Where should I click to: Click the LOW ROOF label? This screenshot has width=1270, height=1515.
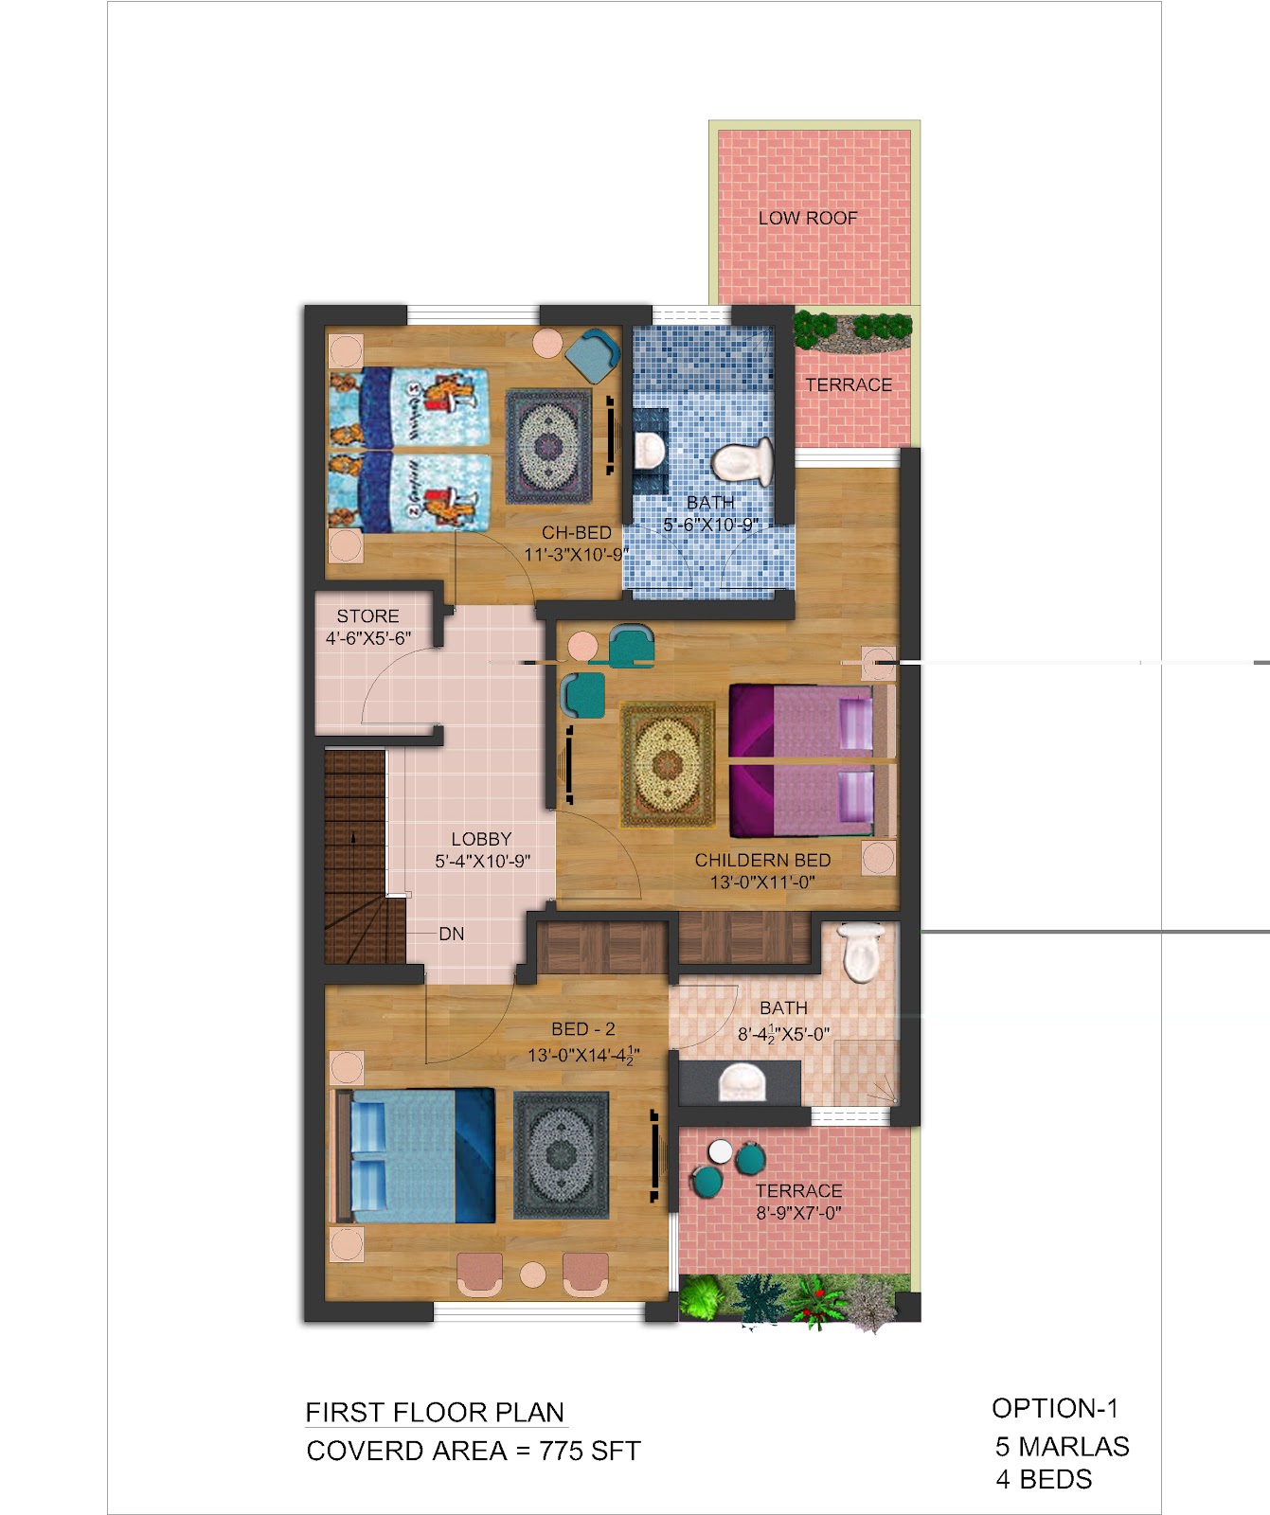[x=808, y=218]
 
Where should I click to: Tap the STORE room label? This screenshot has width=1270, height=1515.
[x=367, y=615]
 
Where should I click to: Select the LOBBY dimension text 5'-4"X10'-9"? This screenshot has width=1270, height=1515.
[x=482, y=861]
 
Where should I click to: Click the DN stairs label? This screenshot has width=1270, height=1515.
[x=452, y=934]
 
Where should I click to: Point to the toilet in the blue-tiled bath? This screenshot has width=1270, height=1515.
[x=743, y=461]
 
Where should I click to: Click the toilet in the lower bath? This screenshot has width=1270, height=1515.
[x=861, y=953]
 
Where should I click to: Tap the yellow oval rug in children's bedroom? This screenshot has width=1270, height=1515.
[x=667, y=764]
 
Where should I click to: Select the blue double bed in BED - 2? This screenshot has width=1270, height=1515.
[x=416, y=1155]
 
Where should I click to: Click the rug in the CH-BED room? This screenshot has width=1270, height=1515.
[x=548, y=446]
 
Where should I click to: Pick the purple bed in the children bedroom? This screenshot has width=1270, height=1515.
[x=812, y=760]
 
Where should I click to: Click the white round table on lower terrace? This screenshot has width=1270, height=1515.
[x=721, y=1151]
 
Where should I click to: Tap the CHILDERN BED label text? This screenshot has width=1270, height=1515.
[x=762, y=860]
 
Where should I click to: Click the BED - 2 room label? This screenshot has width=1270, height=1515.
[x=583, y=1029]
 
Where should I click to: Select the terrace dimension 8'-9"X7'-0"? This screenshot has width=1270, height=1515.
[x=798, y=1213]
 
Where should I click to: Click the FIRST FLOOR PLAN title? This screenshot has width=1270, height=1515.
[x=435, y=1413]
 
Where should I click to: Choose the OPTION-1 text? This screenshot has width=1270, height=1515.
[x=1055, y=1408]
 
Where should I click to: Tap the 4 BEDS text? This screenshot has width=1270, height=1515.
[x=1044, y=1479]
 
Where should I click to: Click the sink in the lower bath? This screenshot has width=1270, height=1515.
[x=741, y=1082]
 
